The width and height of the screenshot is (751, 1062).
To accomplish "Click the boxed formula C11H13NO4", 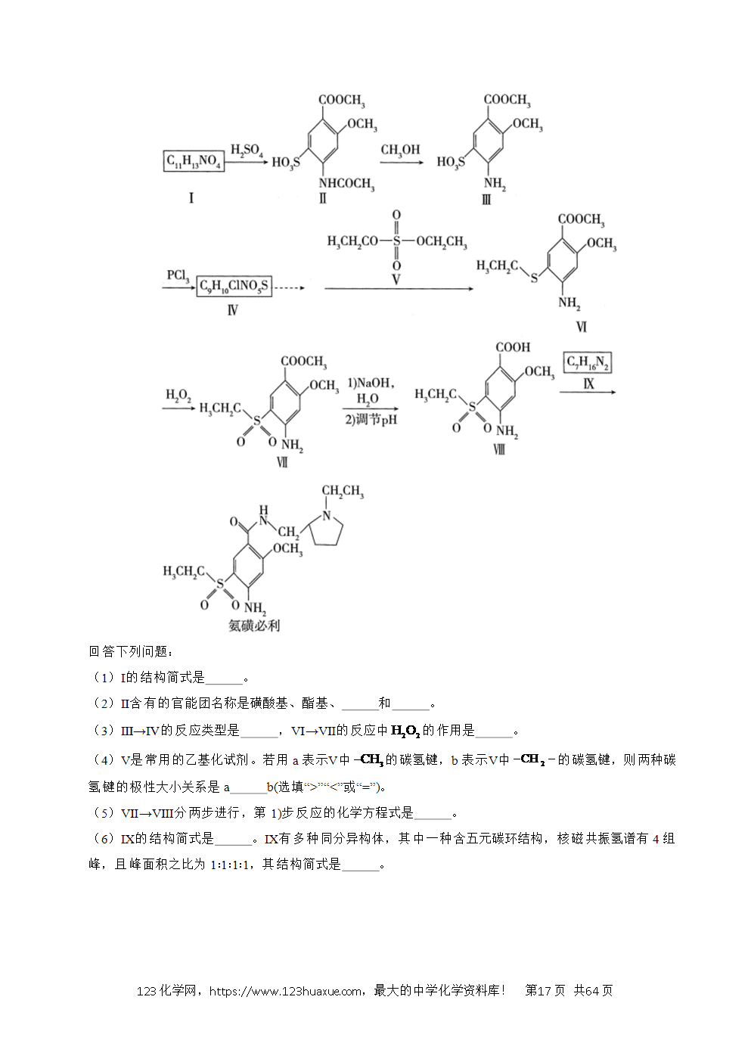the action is click(x=194, y=161).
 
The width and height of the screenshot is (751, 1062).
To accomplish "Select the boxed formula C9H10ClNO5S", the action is click(x=234, y=286).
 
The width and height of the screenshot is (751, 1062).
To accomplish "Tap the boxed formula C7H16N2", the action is click(x=588, y=362).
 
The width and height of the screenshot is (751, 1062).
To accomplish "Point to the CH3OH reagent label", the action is click(x=401, y=151).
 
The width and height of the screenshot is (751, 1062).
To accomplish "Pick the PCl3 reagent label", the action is click(x=178, y=276).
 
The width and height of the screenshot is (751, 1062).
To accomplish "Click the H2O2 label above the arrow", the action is click(x=178, y=396).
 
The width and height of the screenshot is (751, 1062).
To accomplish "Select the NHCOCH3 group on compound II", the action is click(x=346, y=184).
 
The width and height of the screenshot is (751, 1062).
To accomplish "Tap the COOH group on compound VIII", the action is click(x=513, y=347).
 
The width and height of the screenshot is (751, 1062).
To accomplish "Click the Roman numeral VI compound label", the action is click(x=582, y=327).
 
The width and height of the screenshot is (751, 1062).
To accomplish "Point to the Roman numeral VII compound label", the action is click(x=282, y=461).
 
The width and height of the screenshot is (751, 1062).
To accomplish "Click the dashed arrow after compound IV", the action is click(x=290, y=287).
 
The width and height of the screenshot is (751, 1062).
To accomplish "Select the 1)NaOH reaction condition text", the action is click(x=371, y=383).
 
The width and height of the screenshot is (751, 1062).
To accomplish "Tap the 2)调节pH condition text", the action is click(x=371, y=420).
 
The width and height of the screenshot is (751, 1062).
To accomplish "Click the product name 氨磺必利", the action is click(x=254, y=626).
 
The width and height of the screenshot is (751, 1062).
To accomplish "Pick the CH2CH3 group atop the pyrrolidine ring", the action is click(x=343, y=491).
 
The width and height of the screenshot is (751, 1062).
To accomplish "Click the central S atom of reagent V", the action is click(x=396, y=241).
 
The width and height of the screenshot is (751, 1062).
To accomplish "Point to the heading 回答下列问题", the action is click(x=131, y=651).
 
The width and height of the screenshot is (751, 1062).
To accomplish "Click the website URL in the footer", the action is click(x=286, y=992).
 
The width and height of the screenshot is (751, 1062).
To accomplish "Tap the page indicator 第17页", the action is click(x=545, y=991).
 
